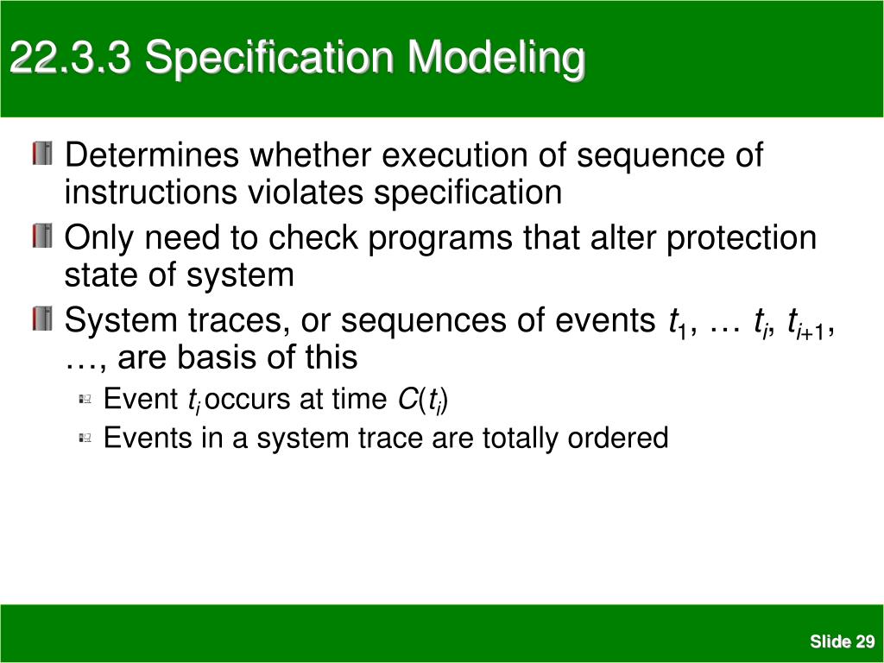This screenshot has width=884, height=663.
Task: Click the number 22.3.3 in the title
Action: tap(71, 58)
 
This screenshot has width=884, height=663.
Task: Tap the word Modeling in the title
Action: tap(496, 60)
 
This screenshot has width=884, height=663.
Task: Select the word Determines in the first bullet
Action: tap(152, 155)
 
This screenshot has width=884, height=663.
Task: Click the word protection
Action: tap(742, 239)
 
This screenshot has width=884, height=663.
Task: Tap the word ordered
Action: tap(618, 438)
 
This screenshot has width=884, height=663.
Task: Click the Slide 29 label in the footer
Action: tap(842, 641)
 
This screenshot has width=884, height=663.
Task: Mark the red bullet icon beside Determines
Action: tap(42, 154)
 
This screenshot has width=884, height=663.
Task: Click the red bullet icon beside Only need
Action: tap(42, 236)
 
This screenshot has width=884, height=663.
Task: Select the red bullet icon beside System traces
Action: tap(42, 319)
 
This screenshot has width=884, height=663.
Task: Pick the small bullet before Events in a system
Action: tap(85, 438)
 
